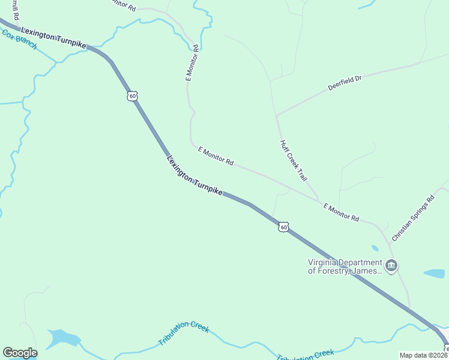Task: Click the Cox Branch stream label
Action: pos(20,40)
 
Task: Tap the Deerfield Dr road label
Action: pos(345,83)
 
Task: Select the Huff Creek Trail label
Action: pos(294,161)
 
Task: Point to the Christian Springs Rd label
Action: pos(412,218)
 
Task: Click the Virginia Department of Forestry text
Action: pos(345,266)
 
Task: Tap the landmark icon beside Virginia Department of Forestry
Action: pos(391,266)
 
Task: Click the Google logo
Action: pos(20,353)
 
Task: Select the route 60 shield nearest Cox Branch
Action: pos(133,95)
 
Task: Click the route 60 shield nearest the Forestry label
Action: pos(284,226)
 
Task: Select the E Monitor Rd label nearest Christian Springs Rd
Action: pos(341,212)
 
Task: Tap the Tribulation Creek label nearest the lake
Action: pos(184,333)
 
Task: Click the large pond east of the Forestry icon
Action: pos(434,274)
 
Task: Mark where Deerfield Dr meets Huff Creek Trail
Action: pos(276,115)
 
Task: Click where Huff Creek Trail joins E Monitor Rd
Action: pos(319,200)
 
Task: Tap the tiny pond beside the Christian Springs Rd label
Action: pos(375,248)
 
